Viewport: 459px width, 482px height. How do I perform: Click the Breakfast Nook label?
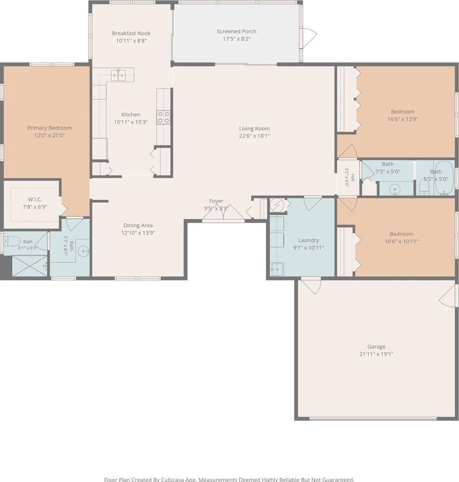pyautogui.click(x=131, y=33)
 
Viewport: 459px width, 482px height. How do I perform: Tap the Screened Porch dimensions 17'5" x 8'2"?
pyautogui.click(x=237, y=39)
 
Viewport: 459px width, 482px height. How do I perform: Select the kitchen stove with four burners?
pyautogui.click(x=163, y=117)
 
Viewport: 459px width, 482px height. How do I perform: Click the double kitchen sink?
pyautogui.click(x=118, y=75)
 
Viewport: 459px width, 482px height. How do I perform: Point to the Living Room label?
pyautogui.click(x=254, y=129)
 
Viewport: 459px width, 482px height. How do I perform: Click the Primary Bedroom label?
pyautogui.click(x=50, y=128)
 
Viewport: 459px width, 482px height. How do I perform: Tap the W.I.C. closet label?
pyautogui.click(x=35, y=199)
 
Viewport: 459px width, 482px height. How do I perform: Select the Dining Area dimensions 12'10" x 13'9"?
pyautogui.click(x=138, y=233)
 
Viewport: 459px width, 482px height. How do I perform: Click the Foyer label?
pyautogui.click(x=216, y=201)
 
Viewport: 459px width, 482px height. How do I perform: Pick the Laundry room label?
pyautogui.click(x=308, y=240)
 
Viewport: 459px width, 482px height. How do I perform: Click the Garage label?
pyautogui.click(x=376, y=347)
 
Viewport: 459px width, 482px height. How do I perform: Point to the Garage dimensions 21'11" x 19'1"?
pyautogui.click(x=376, y=354)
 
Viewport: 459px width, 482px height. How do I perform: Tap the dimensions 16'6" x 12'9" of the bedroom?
pyautogui.click(x=403, y=119)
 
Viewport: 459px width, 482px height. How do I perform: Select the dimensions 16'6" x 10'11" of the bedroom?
pyautogui.click(x=401, y=242)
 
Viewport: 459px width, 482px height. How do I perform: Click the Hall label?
pyautogui.click(x=353, y=177)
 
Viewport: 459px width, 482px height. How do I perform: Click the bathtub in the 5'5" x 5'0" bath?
pyautogui.click(x=444, y=178)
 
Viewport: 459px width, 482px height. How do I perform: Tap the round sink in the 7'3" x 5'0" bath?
pyautogui.click(x=395, y=189)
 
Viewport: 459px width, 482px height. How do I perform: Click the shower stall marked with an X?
pyautogui.click(x=30, y=266)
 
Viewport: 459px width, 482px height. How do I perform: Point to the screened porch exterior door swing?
pyautogui.click(x=308, y=37)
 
